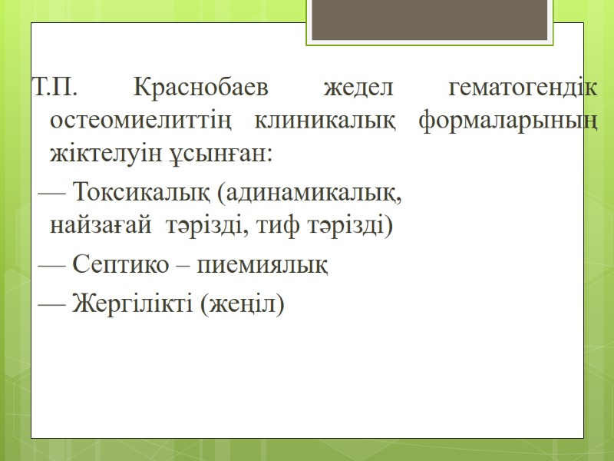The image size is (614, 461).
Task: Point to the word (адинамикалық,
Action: tap(310, 193)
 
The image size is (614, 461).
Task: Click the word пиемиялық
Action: tap(263, 266)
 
